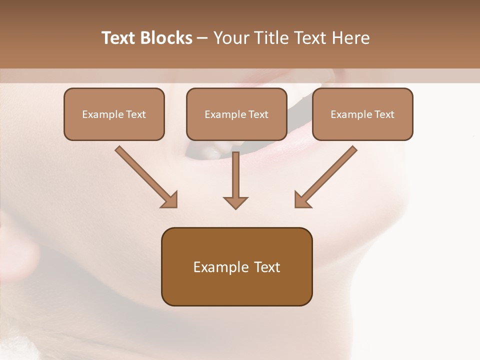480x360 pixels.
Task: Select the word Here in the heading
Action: [352, 38]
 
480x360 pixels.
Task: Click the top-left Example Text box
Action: [114, 114]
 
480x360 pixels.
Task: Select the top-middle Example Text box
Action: [236, 114]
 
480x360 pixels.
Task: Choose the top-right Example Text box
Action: [362, 114]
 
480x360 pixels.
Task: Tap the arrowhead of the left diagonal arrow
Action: [170, 200]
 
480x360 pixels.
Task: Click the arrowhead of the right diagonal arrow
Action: [302, 200]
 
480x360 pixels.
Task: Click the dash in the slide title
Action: [202, 38]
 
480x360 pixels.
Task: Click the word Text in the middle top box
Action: [257, 114]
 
